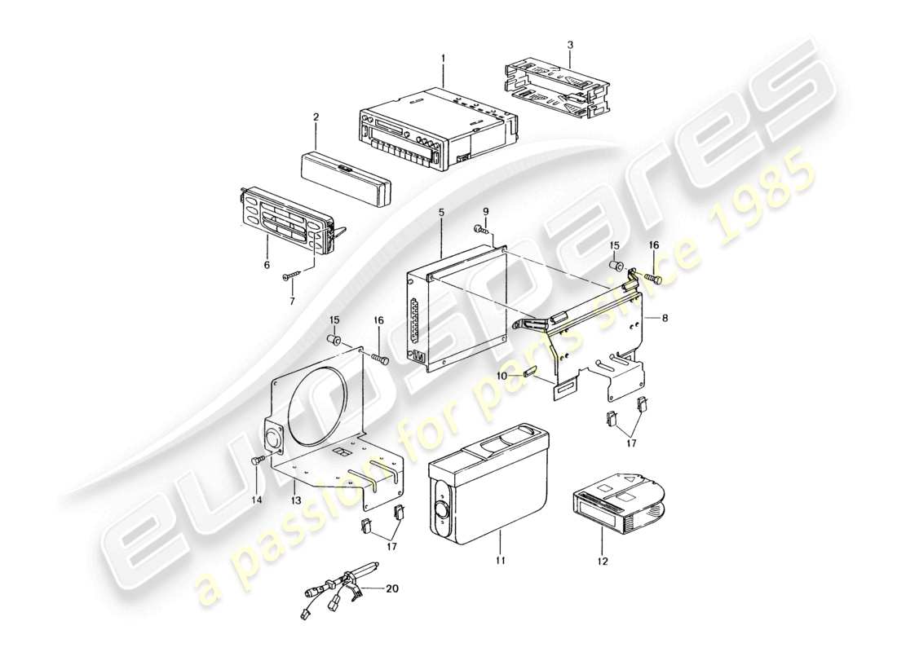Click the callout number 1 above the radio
pos(443,58)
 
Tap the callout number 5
pos(441,214)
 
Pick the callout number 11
pos(501,560)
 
